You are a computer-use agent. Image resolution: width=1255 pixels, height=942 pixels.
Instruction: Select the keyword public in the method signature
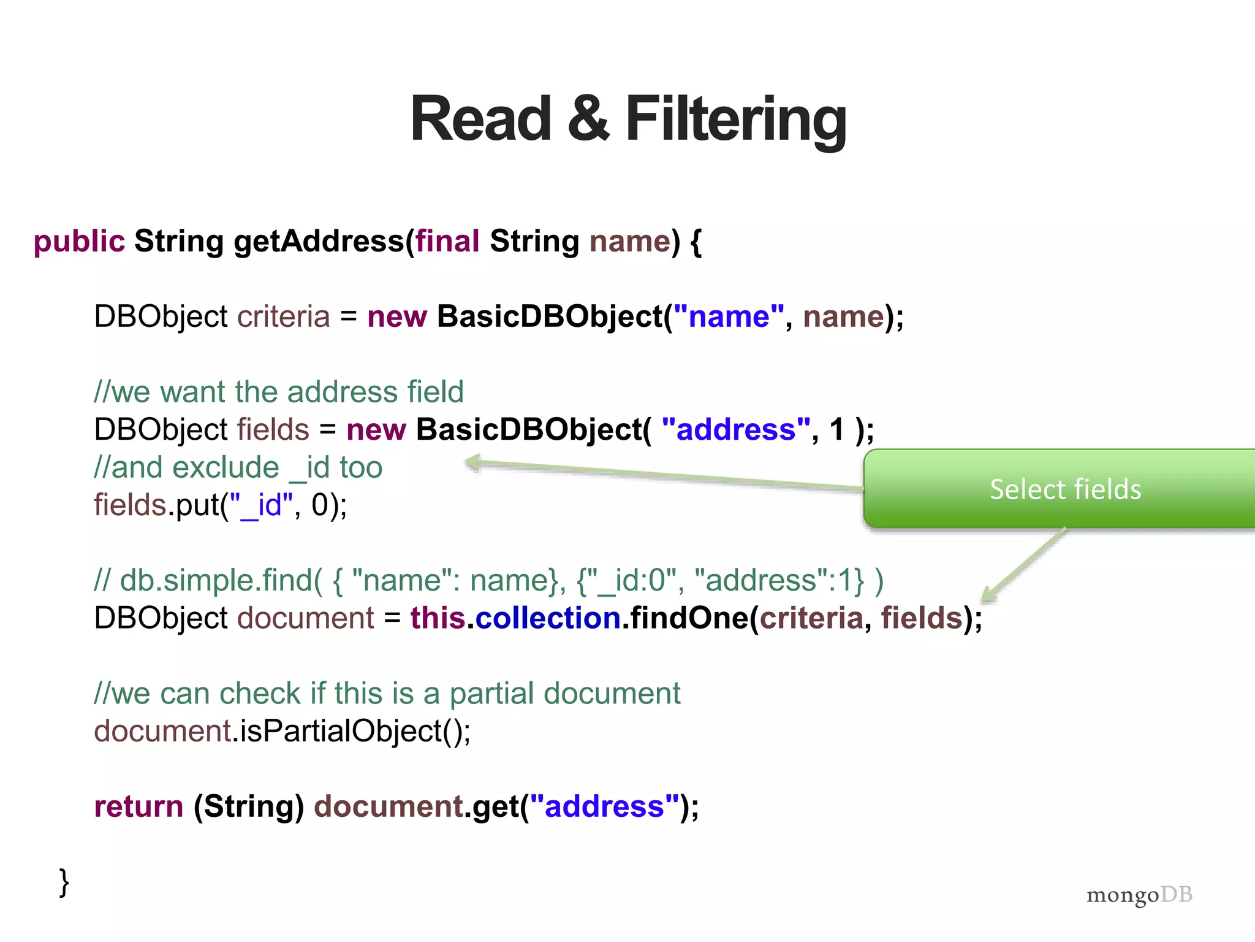pyautogui.click(x=79, y=241)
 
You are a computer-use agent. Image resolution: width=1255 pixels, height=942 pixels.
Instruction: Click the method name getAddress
pyautogui.click(x=319, y=241)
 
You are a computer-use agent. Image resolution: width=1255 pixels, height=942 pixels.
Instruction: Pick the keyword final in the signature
pyautogui.click(x=447, y=241)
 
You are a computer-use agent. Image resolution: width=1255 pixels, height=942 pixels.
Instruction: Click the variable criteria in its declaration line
pyautogui.click(x=283, y=316)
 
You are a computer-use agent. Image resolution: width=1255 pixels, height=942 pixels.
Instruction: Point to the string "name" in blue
pyautogui.click(x=729, y=316)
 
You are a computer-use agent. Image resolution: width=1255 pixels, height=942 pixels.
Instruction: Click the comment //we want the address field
pyautogui.click(x=279, y=392)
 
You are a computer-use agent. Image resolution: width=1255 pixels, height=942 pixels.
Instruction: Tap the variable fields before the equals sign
pyautogui.click(x=273, y=429)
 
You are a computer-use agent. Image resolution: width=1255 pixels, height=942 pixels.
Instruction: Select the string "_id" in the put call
pyautogui.click(x=261, y=505)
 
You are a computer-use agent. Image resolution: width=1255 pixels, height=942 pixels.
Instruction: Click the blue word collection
pyautogui.click(x=548, y=618)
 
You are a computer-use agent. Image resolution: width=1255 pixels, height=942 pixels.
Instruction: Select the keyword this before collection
pyautogui.click(x=438, y=618)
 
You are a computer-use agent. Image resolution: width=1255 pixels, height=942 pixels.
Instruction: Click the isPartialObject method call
pyautogui.click(x=349, y=731)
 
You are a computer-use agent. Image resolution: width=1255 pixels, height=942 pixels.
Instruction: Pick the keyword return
pyautogui.click(x=138, y=806)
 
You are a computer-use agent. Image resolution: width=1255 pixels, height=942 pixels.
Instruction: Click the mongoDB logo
pyautogui.click(x=1139, y=895)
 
